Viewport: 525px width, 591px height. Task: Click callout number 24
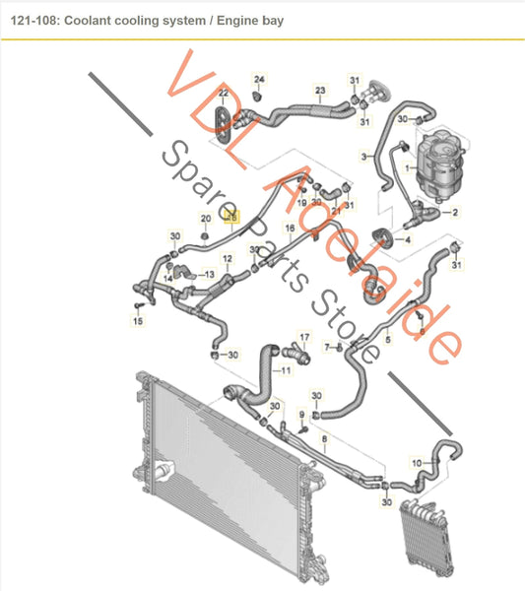click(x=259, y=80)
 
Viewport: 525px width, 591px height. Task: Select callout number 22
click(x=224, y=93)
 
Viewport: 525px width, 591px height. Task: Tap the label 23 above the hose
click(x=320, y=91)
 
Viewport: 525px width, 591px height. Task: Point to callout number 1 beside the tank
click(x=407, y=167)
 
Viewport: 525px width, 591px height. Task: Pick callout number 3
click(x=363, y=156)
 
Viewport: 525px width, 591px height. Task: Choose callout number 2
click(x=455, y=212)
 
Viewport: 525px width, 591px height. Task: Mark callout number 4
click(x=407, y=239)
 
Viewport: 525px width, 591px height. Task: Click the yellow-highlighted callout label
click(x=231, y=218)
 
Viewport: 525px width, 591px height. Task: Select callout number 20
click(x=206, y=219)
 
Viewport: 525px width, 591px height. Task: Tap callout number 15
click(x=138, y=321)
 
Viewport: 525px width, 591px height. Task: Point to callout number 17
click(x=304, y=337)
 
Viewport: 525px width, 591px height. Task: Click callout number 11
click(x=286, y=370)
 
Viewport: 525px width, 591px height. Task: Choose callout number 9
click(x=301, y=415)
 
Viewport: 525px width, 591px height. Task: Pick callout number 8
click(x=324, y=438)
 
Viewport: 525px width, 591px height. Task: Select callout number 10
click(x=417, y=463)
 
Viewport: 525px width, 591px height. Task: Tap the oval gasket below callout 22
click(x=223, y=125)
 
